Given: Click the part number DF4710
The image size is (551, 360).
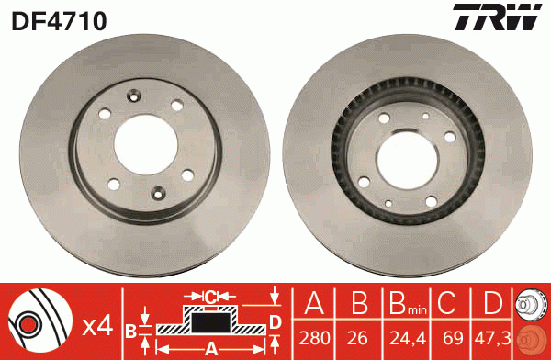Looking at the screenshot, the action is (x=59, y=20).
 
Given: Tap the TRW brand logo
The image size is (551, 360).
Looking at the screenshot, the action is (x=497, y=17).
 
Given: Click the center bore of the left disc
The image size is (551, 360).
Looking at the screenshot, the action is (x=145, y=144).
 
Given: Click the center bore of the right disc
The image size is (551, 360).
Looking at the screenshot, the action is (x=407, y=160).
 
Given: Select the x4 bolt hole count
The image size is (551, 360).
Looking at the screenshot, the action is (x=97, y=327).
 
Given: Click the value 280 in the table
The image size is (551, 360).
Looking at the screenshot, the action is (x=314, y=338).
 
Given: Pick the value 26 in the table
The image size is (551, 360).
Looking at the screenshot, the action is (x=358, y=338).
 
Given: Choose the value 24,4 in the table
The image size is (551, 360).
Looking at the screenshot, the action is (x=408, y=339).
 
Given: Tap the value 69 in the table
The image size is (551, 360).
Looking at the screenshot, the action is (x=453, y=338).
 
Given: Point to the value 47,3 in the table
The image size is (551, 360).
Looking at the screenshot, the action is (x=492, y=339).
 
